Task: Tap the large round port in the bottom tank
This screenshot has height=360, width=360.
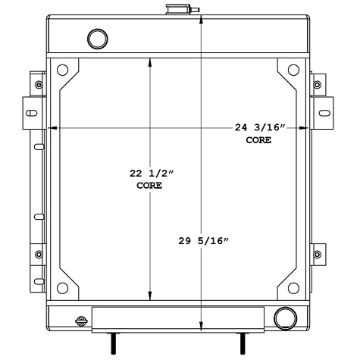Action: click(286, 317)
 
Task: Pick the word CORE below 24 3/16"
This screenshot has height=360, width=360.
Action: click(258, 140)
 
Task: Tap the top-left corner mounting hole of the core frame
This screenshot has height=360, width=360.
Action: click(63, 69)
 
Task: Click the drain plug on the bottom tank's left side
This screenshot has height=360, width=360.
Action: click(81, 321)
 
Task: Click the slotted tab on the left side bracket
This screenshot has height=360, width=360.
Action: click(30, 114)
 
